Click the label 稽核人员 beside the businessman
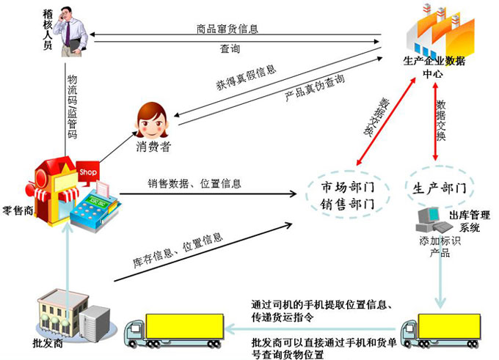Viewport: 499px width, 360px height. pos(48,29)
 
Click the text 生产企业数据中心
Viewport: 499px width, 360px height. pos(434,67)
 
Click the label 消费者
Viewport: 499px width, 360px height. pos(153,147)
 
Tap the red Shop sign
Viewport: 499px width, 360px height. pos(87,172)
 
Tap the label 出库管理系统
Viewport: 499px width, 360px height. pos(470,221)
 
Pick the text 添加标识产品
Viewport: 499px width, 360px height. pos(440,247)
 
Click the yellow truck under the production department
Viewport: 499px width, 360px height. pos(441,330)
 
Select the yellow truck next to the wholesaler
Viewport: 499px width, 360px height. pos(174,330)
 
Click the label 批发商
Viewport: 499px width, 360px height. pos(48,343)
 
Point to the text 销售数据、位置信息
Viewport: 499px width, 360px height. pos(194,183)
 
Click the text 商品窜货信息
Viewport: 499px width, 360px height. pos(227,29)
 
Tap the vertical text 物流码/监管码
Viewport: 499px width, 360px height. pos(72,106)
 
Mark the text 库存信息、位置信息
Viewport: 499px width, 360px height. pos(178,250)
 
